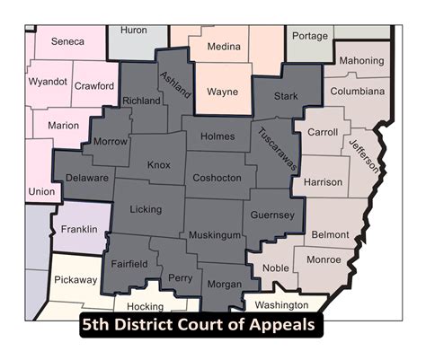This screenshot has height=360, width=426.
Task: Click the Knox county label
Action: (x=158, y=165)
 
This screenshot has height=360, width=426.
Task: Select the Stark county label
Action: (x=286, y=95)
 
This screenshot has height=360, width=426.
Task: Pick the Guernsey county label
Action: (x=272, y=215)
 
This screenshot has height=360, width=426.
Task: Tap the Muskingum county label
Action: (x=215, y=235)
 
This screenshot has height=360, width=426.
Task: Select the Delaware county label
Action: (x=88, y=179)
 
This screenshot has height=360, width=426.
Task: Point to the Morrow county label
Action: (x=111, y=142)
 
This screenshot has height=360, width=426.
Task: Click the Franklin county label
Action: (x=79, y=230)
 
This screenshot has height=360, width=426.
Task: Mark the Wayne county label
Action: (x=222, y=92)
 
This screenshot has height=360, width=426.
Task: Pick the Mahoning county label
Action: (x=361, y=61)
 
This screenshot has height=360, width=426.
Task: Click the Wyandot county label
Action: (x=49, y=81)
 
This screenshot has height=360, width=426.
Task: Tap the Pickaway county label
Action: (x=75, y=280)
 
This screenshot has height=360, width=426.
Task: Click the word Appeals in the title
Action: (x=279, y=325)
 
